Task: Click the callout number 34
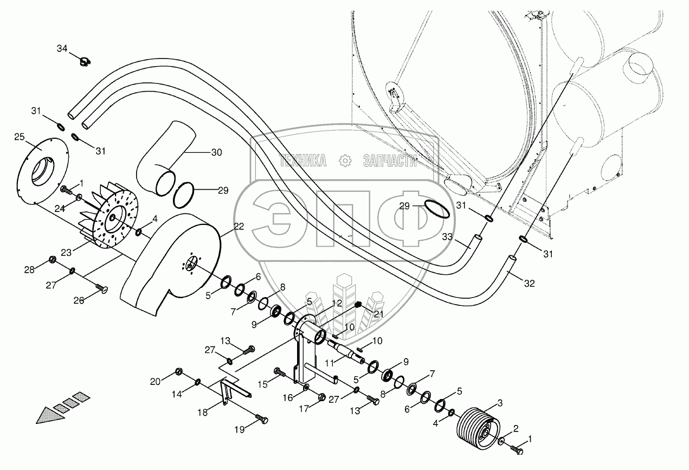click(62, 49)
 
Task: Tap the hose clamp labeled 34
click(84, 61)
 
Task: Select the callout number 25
click(20, 137)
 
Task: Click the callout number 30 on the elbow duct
click(216, 152)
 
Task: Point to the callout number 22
click(239, 227)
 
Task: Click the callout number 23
click(66, 253)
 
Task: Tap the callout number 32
click(530, 284)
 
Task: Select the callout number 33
click(447, 236)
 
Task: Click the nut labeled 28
click(52, 260)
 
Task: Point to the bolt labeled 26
click(102, 288)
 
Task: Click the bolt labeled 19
click(261, 419)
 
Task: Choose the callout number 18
click(202, 413)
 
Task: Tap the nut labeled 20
click(178, 371)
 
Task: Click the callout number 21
click(378, 314)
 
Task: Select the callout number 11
click(330, 363)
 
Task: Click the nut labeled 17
click(320, 397)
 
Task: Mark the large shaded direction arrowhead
click(50, 416)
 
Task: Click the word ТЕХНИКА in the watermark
click(302, 160)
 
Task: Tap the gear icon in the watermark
click(345, 160)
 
